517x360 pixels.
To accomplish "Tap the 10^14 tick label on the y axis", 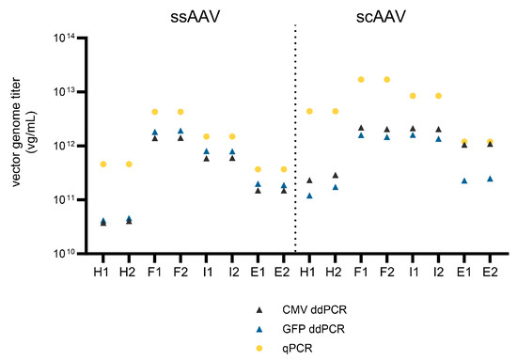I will [x=65, y=39].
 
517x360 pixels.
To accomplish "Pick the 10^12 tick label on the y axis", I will [x=65, y=146].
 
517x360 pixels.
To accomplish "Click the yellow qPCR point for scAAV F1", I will [x=361, y=80].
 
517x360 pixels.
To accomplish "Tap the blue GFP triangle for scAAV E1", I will [x=464, y=180].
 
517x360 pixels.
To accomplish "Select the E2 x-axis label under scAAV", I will [x=491, y=272].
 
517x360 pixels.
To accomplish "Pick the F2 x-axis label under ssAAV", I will [x=180, y=272].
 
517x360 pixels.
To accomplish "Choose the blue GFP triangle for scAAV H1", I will [x=310, y=196].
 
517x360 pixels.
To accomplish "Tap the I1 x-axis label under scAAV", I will [x=413, y=272].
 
